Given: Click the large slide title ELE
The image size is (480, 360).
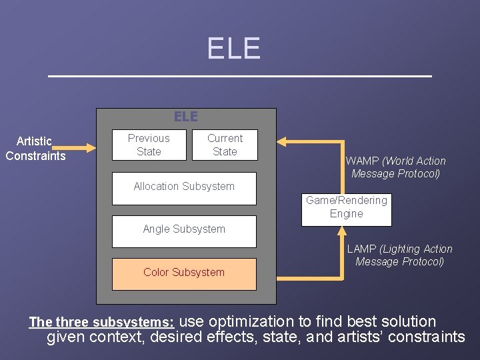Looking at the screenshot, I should point(233,49).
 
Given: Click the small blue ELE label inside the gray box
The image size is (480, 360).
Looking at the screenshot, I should point(186,117).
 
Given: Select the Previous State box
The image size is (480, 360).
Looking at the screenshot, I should point(149,145).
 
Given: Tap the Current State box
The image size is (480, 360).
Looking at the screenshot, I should point(225,145).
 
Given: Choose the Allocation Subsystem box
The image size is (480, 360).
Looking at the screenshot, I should point(184,187).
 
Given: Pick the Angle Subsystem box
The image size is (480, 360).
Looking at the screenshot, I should point(184,230).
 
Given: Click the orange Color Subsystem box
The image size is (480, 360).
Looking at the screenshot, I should point(184,273).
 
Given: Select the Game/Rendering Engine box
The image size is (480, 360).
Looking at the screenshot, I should point(346,207).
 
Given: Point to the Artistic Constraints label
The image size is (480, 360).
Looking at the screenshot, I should point(35,148).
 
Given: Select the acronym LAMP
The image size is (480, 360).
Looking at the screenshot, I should point(361,249).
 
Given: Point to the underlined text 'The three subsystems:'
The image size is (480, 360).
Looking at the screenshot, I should point(101,323).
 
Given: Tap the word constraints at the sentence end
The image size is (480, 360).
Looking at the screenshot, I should point(426,337).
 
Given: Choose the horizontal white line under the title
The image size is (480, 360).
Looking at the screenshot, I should point(240,77).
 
